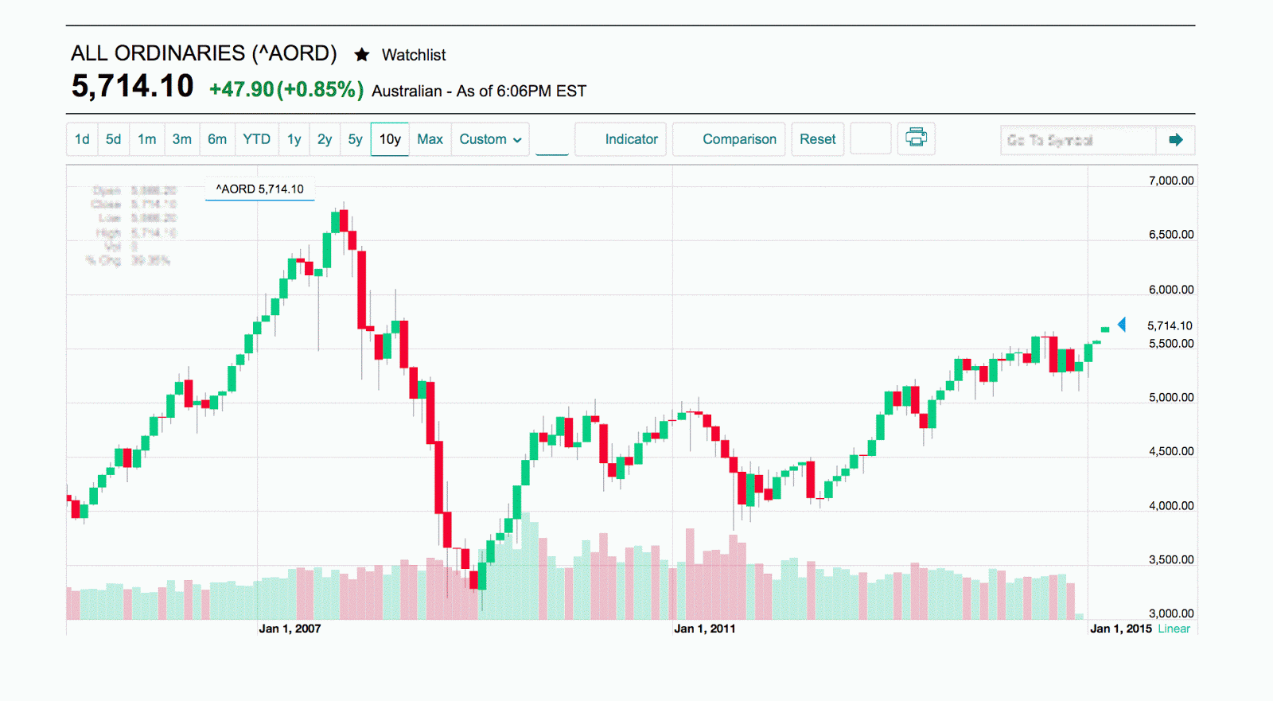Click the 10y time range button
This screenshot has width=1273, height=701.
[390, 139]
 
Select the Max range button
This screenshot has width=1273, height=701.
[430, 139]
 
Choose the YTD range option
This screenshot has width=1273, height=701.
[256, 139]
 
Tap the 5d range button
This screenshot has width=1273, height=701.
[114, 139]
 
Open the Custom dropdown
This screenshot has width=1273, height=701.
[490, 139]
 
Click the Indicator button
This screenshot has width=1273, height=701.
[631, 139]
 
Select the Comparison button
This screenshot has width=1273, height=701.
[739, 139]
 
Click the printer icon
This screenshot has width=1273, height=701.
[917, 138]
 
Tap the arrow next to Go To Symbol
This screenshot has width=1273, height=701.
[1176, 140]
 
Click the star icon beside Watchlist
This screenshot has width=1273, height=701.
[362, 55]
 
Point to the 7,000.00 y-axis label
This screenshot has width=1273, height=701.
[1170, 181]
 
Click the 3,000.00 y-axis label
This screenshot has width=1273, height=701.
[1170, 613]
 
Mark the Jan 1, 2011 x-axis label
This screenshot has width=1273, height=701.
[705, 629]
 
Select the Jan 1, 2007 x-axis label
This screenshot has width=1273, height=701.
[290, 629]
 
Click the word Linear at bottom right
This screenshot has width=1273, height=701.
[1174, 629]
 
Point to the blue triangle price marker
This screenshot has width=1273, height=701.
[1122, 325]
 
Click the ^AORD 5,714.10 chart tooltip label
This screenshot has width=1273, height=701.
[260, 189]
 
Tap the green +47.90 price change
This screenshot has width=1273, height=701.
[241, 90]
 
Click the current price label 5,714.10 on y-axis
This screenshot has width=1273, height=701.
[1170, 325]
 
